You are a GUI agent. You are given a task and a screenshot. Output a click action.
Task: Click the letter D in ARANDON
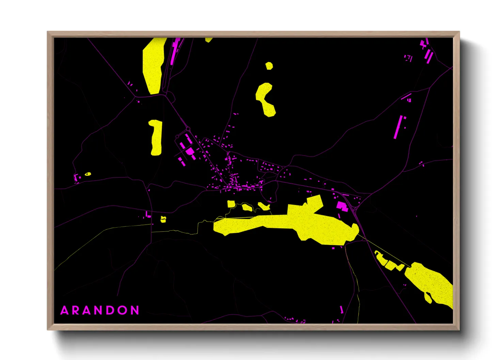[111, 310]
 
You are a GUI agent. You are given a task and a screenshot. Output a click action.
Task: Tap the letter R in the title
[76, 310]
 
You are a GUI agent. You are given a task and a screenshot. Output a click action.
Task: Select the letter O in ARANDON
[123, 310]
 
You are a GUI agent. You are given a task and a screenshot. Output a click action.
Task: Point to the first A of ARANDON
[64, 310]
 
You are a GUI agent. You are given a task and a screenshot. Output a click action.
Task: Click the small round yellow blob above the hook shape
[269, 66]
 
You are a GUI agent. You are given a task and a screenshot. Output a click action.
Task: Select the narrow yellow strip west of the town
[156, 137]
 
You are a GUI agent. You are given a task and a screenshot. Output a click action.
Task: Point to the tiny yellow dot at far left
[88, 174]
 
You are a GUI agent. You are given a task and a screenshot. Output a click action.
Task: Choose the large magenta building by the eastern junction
[342, 206]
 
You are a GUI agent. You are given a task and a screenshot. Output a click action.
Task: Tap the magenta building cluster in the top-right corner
[426, 51]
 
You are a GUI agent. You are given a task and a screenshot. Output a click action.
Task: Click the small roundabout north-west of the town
[188, 129]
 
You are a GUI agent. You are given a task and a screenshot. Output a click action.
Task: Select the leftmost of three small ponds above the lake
[231, 204]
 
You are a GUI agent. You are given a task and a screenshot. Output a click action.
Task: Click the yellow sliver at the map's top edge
[208, 40]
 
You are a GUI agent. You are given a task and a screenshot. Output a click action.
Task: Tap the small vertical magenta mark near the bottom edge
[342, 310]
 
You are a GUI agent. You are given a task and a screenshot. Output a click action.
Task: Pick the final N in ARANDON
[136, 310]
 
